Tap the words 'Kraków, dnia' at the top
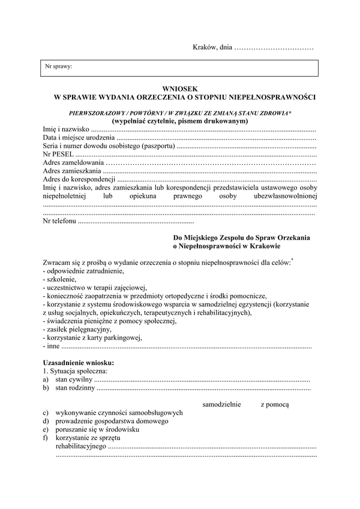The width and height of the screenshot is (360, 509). (212, 47)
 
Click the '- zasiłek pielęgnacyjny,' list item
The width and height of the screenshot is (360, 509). (77, 330)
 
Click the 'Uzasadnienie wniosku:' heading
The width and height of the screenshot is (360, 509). (79, 363)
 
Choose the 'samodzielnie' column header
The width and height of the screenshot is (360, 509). (223, 405)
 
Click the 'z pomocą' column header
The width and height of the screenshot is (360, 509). (274, 405)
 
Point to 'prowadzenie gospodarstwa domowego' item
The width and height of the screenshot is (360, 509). (112, 421)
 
